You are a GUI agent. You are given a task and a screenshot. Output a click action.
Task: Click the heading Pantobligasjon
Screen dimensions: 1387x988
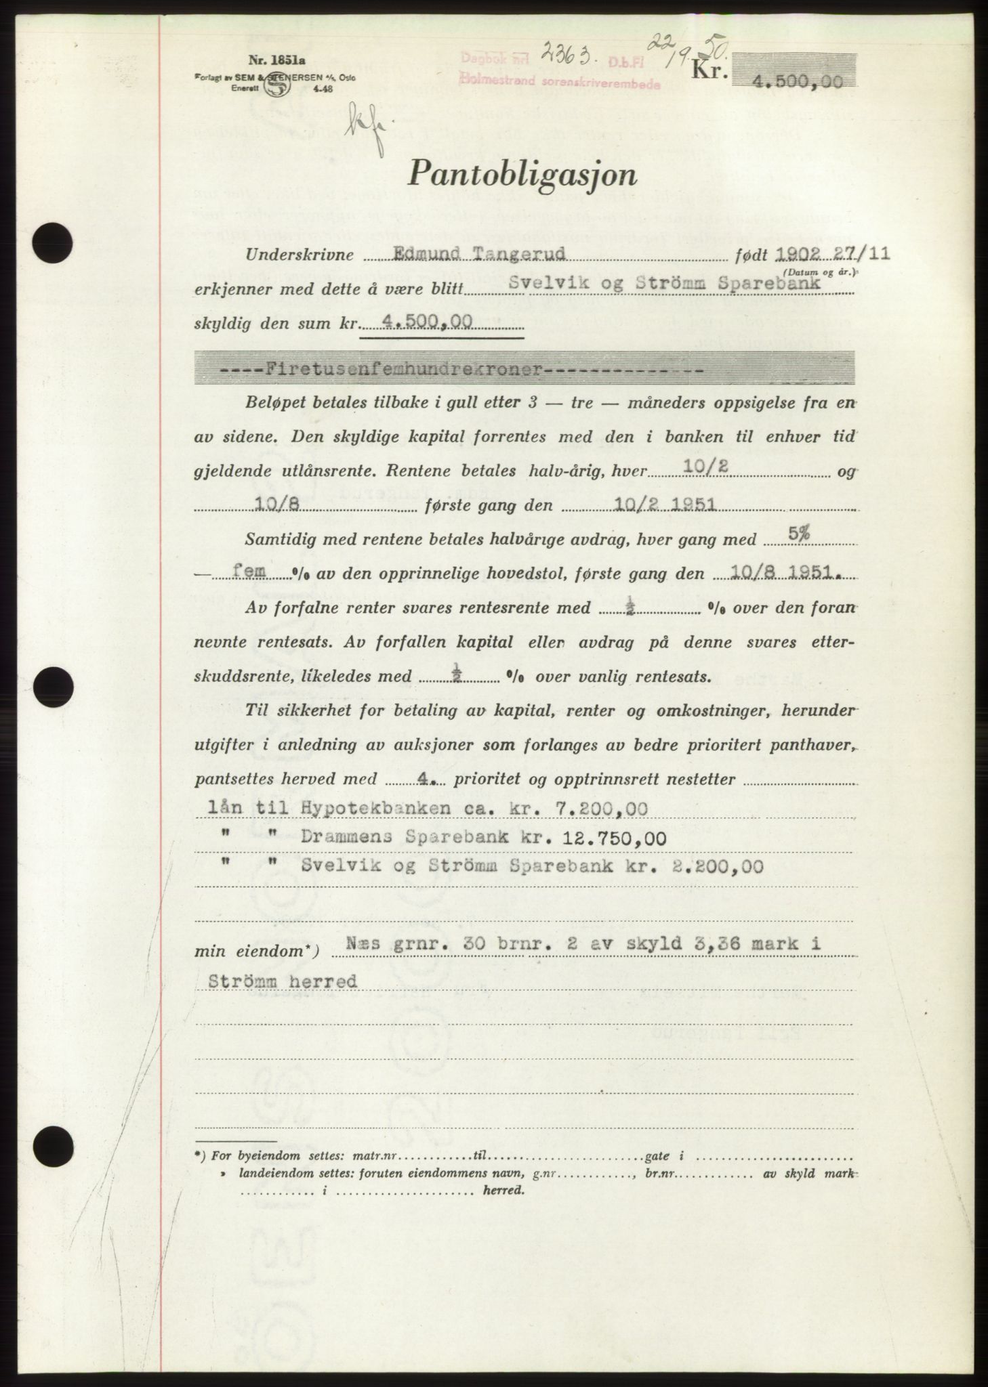pos(522,177)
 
